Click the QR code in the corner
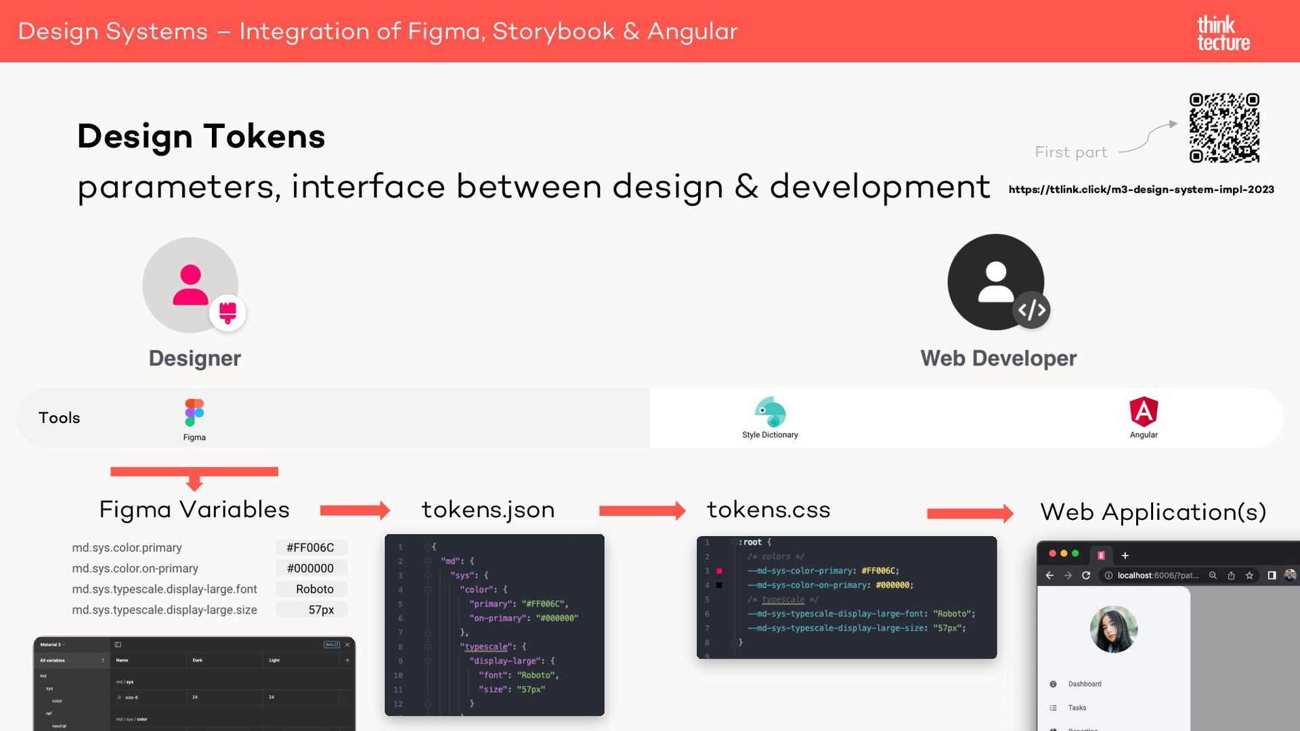[1224, 128]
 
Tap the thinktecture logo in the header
[1223, 33]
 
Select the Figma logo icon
[194, 412]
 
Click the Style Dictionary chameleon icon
[771, 412]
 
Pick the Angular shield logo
[1144, 412]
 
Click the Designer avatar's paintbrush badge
[227, 313]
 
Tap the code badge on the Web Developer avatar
[1031, 310]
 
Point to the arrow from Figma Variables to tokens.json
[355, 510]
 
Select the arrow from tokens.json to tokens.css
[642, 510]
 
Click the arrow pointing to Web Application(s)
[970, 514]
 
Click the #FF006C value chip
[310, 548]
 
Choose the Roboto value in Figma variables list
[314, 589]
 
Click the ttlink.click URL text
[1141, 190]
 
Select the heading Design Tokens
[201, 136]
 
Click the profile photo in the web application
[1113, 629]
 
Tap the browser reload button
[1086, 575]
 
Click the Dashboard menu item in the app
[1084, 684]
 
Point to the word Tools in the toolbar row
[60, 418]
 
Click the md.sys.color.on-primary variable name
[135, 569]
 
